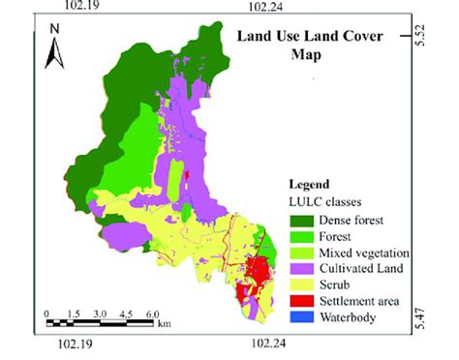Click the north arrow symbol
click(x=56, y=59)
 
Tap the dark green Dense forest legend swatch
click(x=302, y=222)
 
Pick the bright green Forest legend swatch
click(x=302, y=237)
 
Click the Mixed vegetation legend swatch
click(x=302, y=253)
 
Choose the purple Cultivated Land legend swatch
click(x=302, y=268)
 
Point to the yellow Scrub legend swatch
click(x=302, y=285)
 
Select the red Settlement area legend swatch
click(x=302, y=300)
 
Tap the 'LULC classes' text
click(x=324, y=200)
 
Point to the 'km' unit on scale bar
click(x=166, y=321)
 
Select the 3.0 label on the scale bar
click(x=100, y=315)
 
